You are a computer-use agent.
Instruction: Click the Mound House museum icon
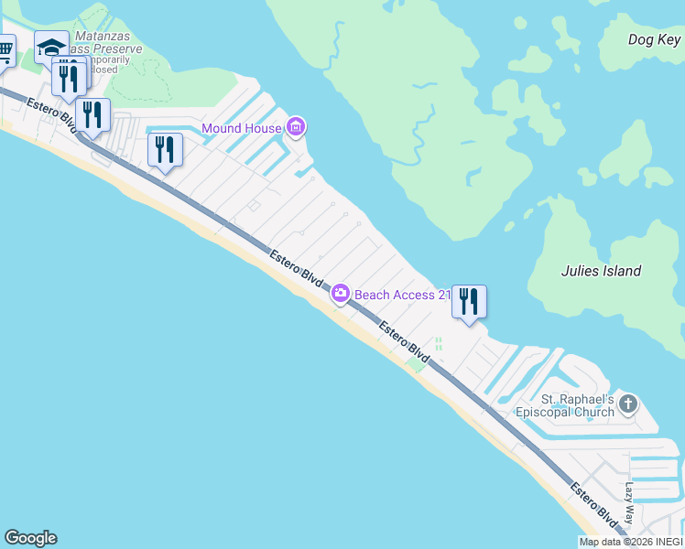tap(296, 127)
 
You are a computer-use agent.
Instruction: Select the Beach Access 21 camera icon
tap(340, 294)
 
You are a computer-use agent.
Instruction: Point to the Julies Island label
tap(601, 271)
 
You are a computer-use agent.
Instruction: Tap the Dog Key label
tap(654, 39)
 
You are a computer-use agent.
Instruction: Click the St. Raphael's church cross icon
tap(627, 403)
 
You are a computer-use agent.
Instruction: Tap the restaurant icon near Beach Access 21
tap(469, 300)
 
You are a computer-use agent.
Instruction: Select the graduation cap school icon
tap(51, 46)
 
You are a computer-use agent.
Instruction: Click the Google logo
tap(30, 538)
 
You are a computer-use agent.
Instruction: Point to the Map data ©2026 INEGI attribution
tap(630, 542)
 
